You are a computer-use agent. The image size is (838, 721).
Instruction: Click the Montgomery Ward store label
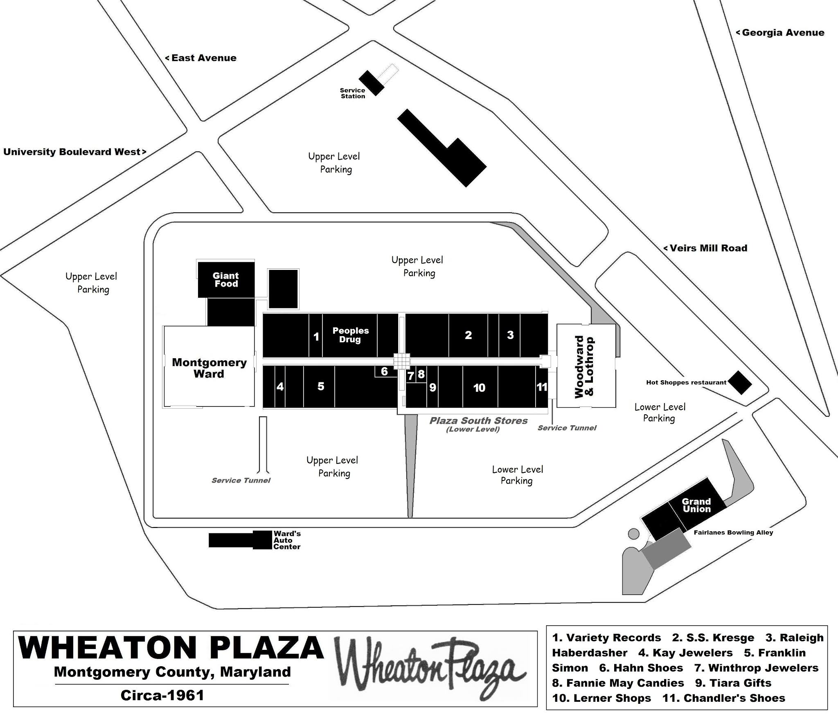click(209, 368)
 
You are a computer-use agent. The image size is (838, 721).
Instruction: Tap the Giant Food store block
click(226, 280)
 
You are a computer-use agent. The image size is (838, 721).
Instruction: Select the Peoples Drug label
click(350, 335)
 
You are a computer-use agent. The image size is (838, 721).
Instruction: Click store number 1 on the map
click(316, 337)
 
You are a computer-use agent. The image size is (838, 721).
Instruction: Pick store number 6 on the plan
click(384, 371)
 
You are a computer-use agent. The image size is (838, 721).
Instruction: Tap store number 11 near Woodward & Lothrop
click(542, 387)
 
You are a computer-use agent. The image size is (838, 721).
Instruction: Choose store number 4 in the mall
click(280, 386)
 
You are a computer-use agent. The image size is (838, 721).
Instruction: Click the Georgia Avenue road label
click(780, 33)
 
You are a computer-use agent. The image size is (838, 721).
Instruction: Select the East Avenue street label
click(201, 58)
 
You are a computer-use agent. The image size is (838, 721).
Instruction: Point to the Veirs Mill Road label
click(705, 248)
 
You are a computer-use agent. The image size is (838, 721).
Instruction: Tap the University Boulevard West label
click(75, 152)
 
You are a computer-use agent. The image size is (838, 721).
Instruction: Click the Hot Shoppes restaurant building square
click(741, 382)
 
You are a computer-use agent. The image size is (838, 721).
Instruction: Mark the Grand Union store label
click(696, 505)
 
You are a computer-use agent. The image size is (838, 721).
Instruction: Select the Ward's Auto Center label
click(287, 540)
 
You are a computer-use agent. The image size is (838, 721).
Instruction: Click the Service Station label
click(353, 93)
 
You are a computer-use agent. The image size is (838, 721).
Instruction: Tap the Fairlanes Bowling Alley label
click(733, 532)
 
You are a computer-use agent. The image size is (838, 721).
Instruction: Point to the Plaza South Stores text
click(478, 421)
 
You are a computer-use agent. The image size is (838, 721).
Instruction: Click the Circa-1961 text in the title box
click(162, 696)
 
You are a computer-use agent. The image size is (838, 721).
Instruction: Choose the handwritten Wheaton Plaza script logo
click(430, 670)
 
